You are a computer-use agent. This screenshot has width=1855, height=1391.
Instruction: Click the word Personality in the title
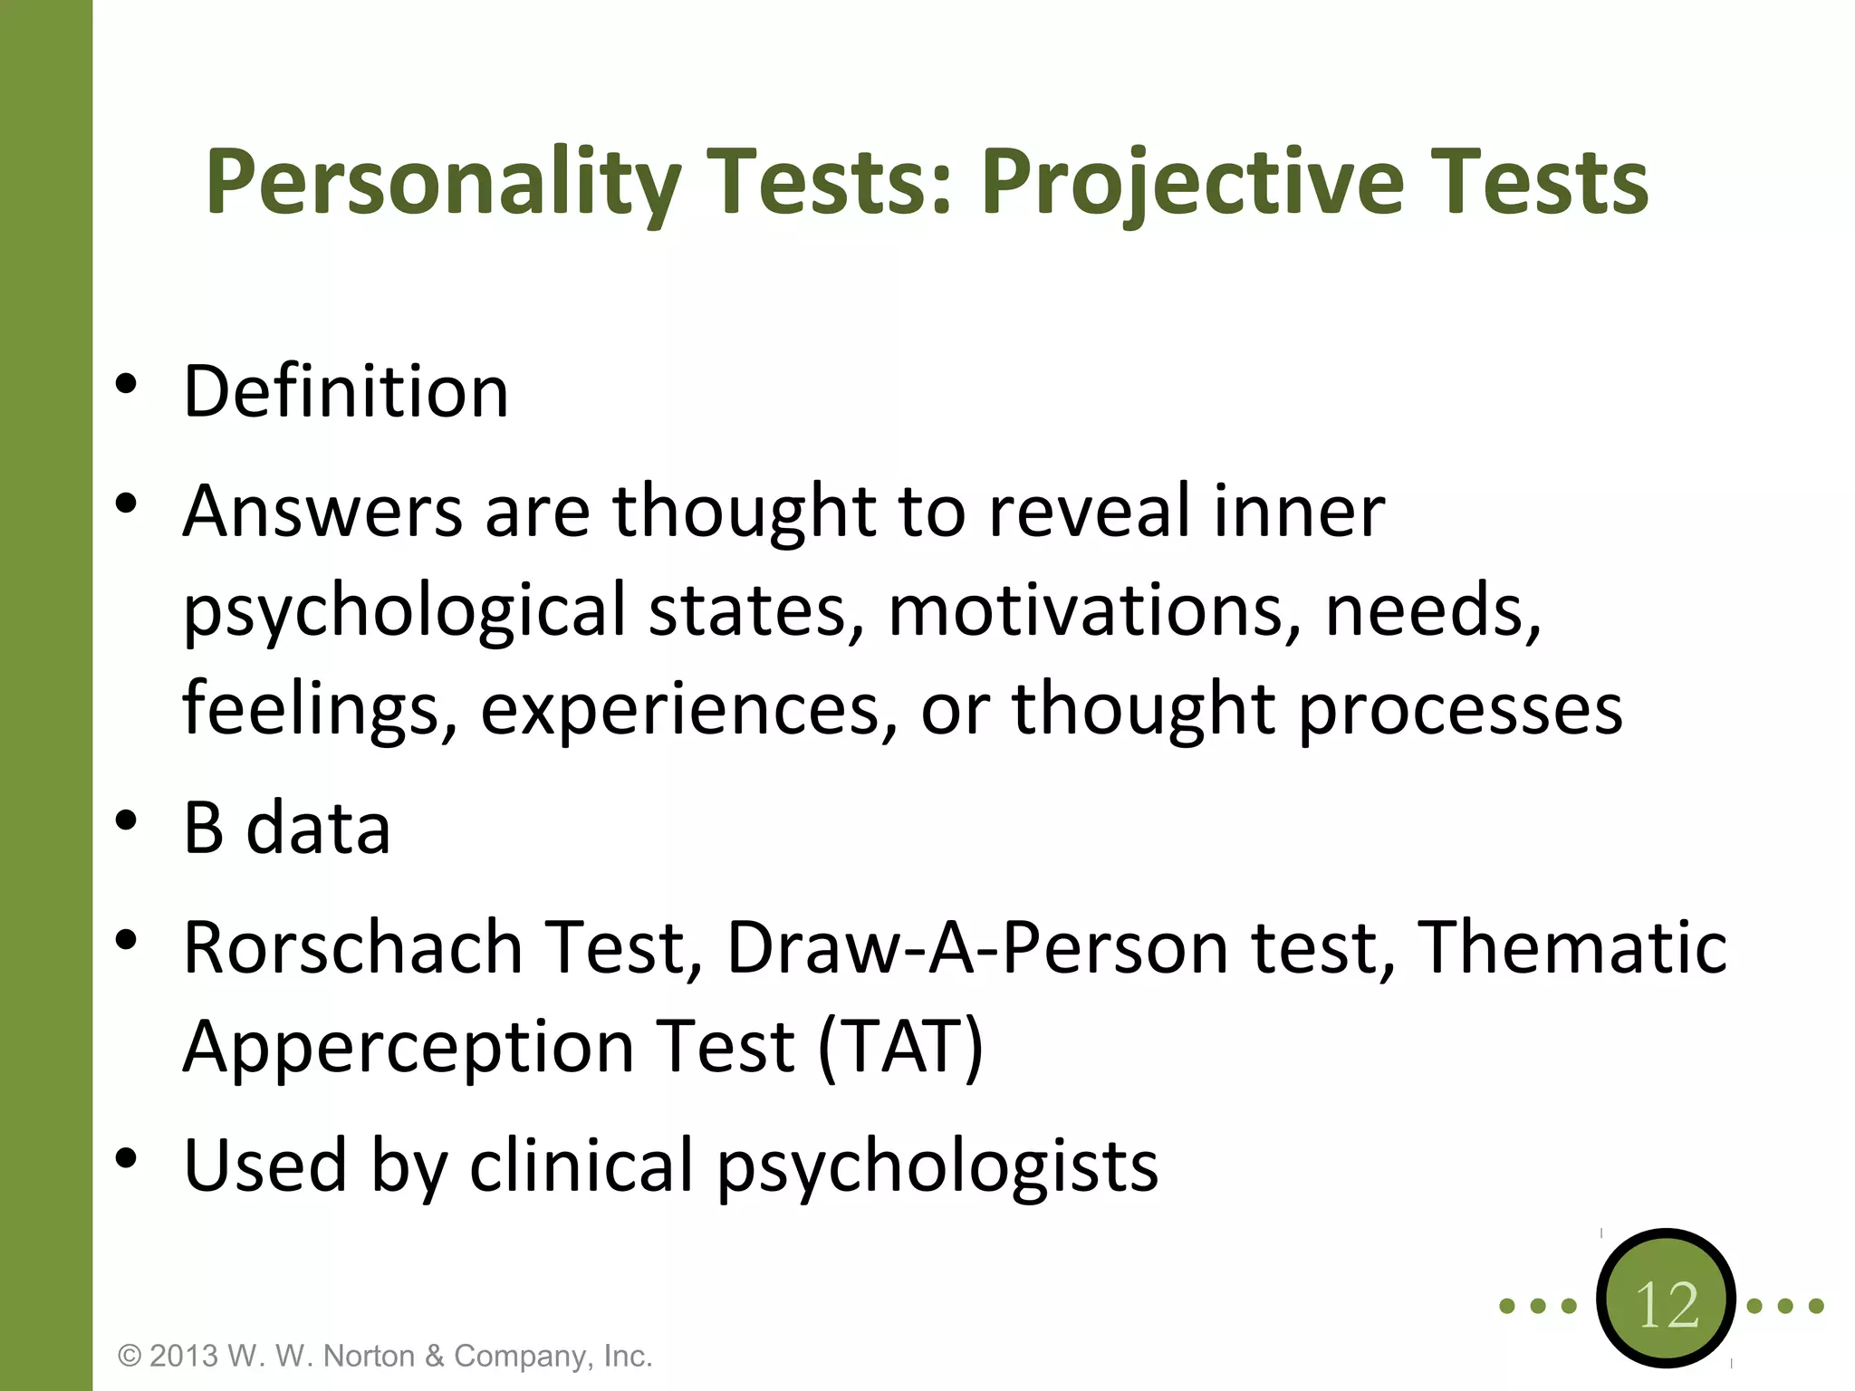coord(442,184)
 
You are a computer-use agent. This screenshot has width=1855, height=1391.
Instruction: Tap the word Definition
coord(345,391)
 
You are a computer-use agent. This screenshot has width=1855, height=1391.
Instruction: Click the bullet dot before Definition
coord(126,384)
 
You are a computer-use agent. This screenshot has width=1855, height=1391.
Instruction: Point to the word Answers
coord(322,511)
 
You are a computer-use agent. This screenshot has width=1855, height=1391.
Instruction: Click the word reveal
coord(1090,511)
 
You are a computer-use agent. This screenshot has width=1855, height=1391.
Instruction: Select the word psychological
coord(404,610)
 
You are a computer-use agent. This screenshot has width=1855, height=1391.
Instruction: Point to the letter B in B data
coord(203,828)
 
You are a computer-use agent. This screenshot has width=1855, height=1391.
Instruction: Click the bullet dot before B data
coord(126,820)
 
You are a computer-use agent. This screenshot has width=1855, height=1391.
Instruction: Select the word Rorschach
coord(352,947)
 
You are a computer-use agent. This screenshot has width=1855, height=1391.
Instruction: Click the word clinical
coord(581,1166)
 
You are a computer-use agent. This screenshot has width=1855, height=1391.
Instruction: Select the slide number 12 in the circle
coord(1667,1304)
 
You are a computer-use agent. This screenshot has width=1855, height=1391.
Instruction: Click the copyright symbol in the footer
coord(130,1357)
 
